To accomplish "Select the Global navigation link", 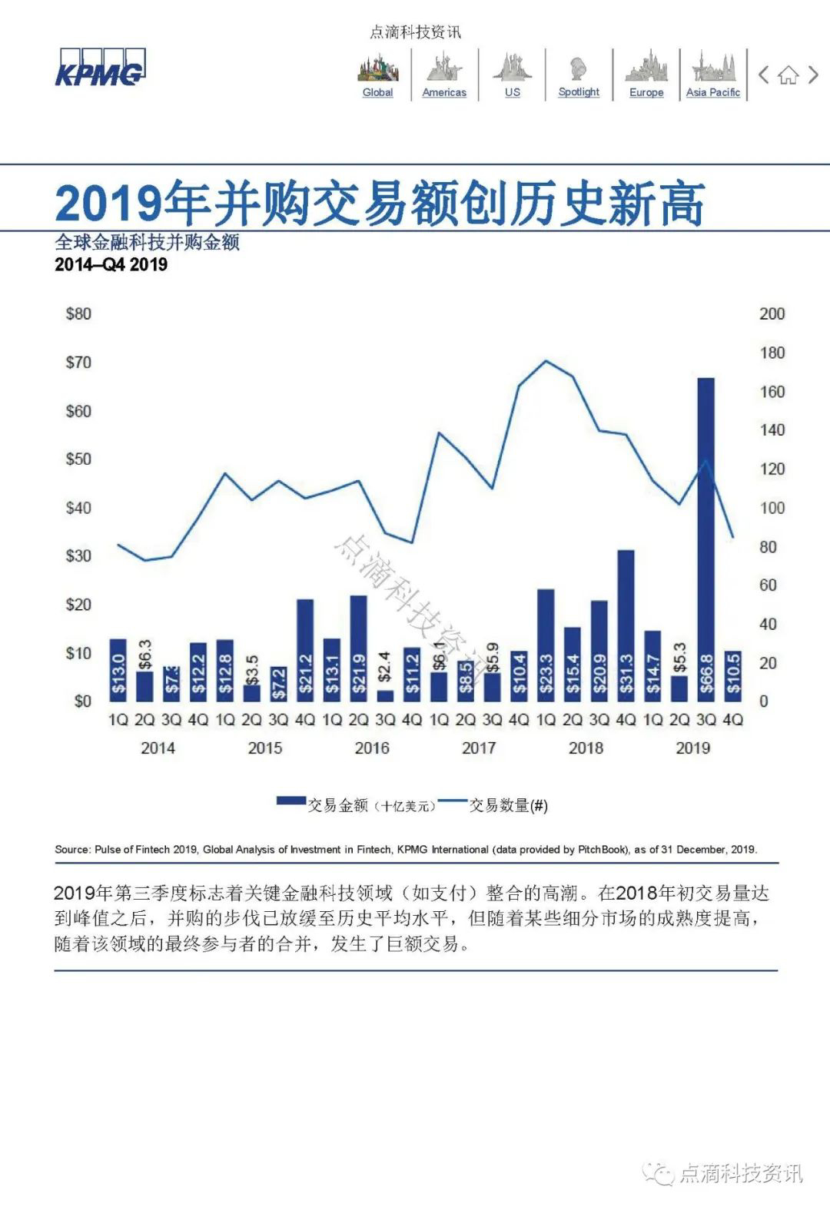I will coord(377,92).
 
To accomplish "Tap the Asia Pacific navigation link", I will coord(712,92).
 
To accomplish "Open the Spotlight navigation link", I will coord(579,92).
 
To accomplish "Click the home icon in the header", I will coord(788,75).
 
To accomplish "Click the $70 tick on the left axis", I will coord(78,363).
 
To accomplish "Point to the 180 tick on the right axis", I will coord(772,353).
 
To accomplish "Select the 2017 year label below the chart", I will coord(479,748).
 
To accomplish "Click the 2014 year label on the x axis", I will coord(158,748).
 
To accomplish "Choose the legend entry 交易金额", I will coord(338,805).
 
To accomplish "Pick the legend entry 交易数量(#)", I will coord(508,805).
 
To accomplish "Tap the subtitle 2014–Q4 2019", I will coord(111,265).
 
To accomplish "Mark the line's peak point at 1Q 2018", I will coord(546,360).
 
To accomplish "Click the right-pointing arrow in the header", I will coord(813,75).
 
